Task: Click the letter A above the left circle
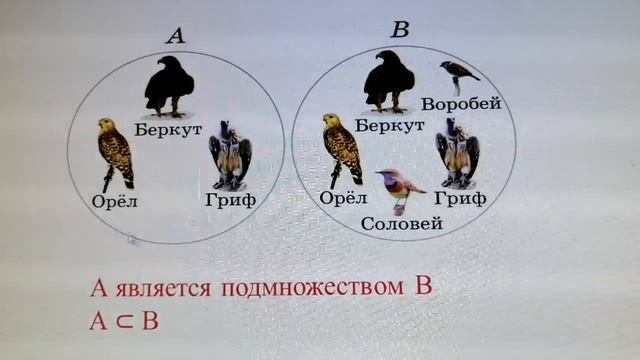coord(175,37)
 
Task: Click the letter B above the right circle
coord(399,30)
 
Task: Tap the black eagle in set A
coord(168,86)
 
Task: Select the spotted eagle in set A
coord(114,151)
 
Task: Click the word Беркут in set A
coord(176,129)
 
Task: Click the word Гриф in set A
coord(232,201)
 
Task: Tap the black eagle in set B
coord(388,80)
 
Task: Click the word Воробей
coord(461,104)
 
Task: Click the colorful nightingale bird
coord(398,188)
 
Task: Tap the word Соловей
coord(402,224)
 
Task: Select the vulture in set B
coord(457,153)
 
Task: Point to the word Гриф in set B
coord(462,198)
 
